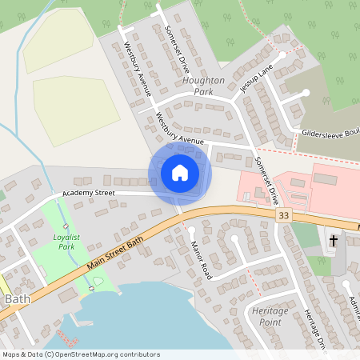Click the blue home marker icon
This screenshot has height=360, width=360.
[180, 173]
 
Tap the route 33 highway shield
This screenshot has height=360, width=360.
[283, 216]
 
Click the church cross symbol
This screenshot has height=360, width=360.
[333, 240]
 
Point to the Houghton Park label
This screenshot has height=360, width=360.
[204, 86]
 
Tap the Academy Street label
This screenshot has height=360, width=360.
[90, 193]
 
